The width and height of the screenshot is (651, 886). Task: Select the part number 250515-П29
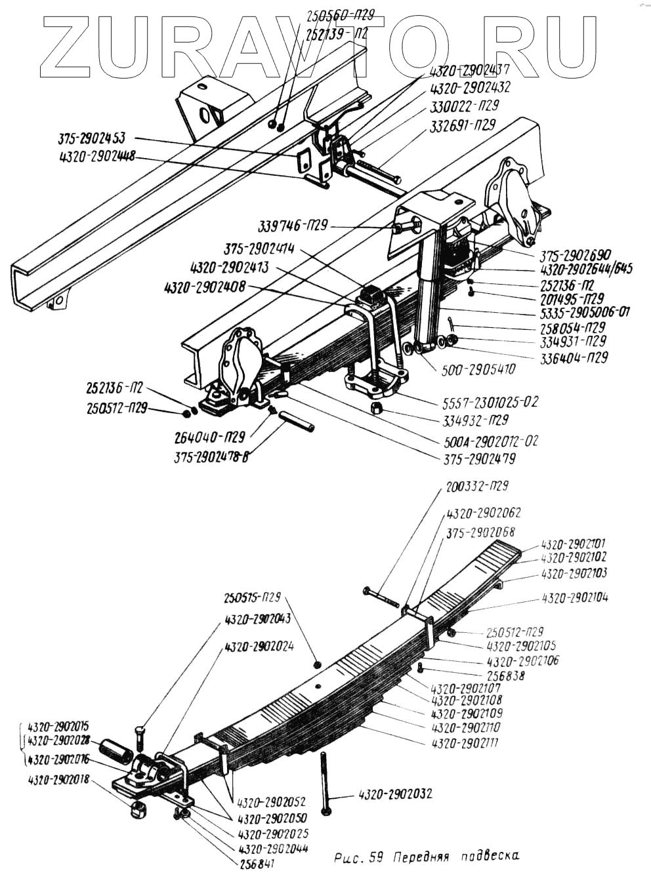click(252, 597)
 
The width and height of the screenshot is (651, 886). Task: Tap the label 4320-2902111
click(466, 744)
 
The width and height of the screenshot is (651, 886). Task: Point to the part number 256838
click(505, 675)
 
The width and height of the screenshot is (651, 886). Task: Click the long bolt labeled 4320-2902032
click(325, 784)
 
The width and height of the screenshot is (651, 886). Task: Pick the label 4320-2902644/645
click(586, 269)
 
